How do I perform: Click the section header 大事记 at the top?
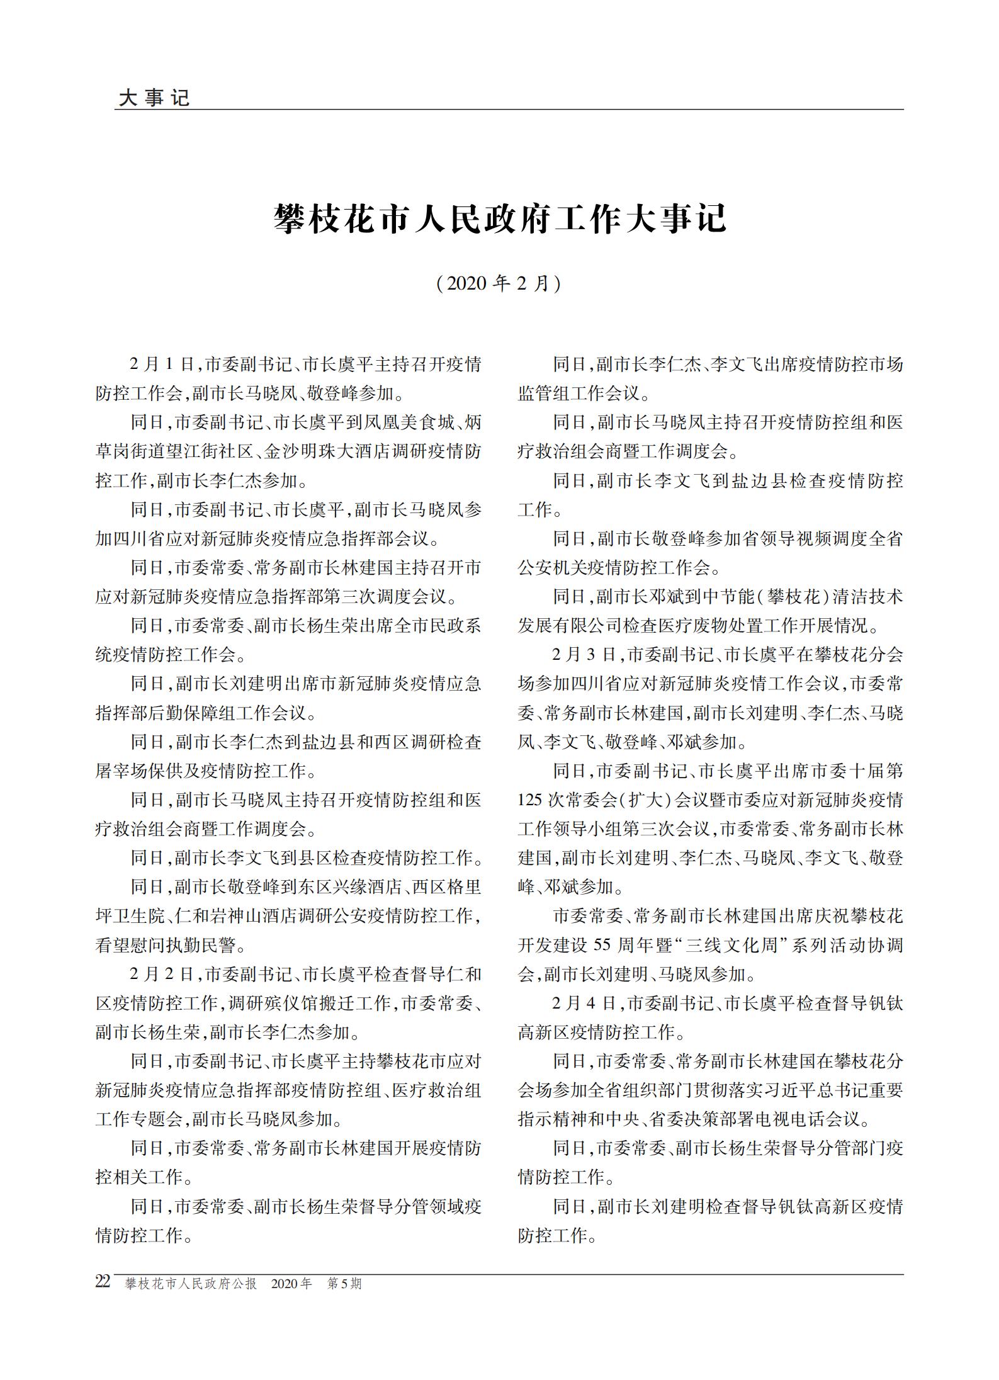(x=154, y=98)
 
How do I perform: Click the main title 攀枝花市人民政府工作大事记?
(x=500, y=218)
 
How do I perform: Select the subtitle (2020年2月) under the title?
(x=499, y=284)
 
